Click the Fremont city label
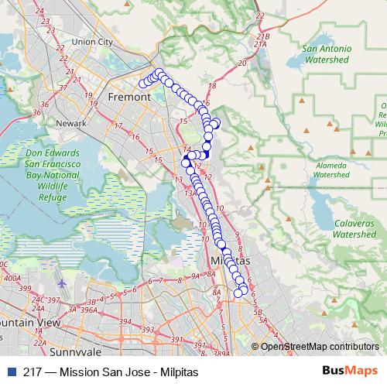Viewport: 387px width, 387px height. pyautogui.click(x=128, y=98)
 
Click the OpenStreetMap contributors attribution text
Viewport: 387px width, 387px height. pyautogui.click(x=318, y=347)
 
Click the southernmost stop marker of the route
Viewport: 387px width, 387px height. pyautogui.click(x=238, y=293)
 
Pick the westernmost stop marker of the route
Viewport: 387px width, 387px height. pyautogui.click(x=142, y=84)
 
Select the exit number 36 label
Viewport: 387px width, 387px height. pyautogui.click(x=36, y=113)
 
